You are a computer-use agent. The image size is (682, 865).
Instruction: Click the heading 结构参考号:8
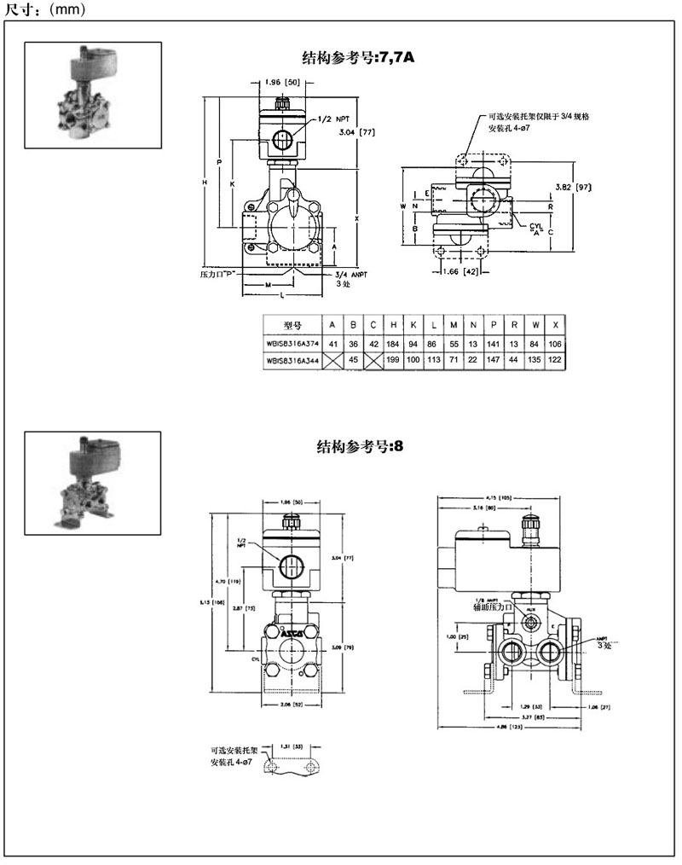pos(354,447)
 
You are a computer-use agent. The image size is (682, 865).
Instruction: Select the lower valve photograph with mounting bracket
pos(92,483)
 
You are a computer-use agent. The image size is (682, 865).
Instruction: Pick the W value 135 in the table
pos(535,360)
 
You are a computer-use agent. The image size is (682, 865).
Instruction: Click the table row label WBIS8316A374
pos(292,344)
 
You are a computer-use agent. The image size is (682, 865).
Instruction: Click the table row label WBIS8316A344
pos(292,360)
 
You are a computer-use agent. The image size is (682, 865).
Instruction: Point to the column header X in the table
pos(556,325)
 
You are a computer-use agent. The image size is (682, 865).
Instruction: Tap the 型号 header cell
pos(292,325)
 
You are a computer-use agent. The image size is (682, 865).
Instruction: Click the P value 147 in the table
pos(494,360)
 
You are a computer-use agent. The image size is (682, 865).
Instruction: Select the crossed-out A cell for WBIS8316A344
pos(332,360)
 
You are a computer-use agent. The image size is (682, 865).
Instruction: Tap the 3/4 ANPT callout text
pos(348,275)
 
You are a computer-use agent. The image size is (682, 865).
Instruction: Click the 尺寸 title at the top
pos(17,10)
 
